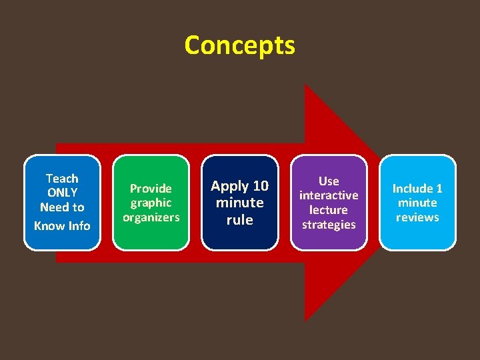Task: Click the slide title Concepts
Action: tap(239, 45)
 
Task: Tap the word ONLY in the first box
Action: tap(62, 193)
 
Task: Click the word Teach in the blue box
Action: tap(62, 178)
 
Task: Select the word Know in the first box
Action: tap(49, 225)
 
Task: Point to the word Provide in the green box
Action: tap(151, 189)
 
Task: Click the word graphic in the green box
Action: tap(151, 203)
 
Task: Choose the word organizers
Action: tap(151, 217)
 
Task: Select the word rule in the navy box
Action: tap(239, 219)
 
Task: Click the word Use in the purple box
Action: tap(329, 181)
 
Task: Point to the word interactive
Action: tap(329, 195)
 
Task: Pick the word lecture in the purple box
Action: tap(329, 210)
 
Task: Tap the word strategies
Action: tap(329, 225)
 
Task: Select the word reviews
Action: tap(417, 217)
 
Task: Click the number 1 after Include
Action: tap(439, 189)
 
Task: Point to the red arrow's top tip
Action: tap(305, 85)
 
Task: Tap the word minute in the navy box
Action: tap(239, 203)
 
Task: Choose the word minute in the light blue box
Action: tap(417, 203)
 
